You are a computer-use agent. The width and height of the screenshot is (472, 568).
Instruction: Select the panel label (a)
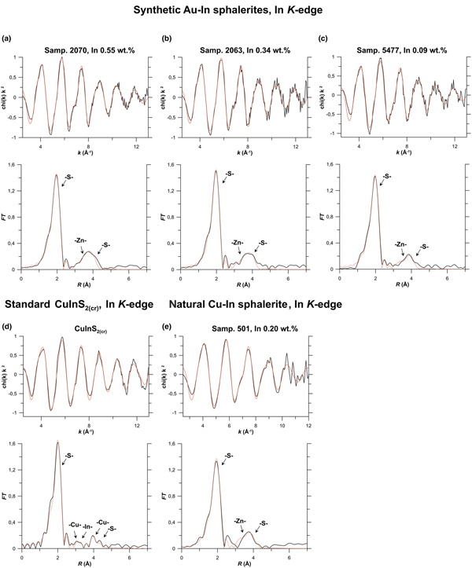pos(8,38)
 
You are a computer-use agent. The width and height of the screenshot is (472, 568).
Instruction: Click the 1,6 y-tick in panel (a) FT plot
pos(13,164)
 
